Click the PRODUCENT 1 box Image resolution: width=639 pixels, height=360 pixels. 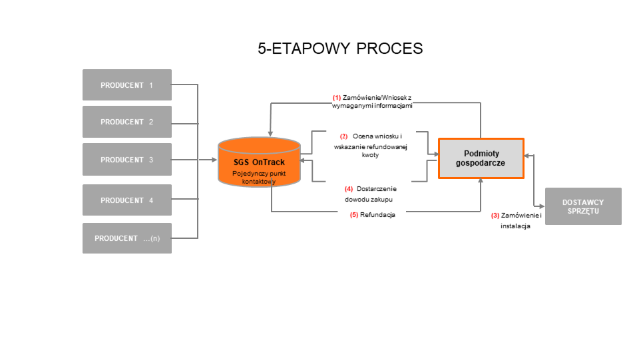pos(126,85)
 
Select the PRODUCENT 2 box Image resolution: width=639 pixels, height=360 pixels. pos(126,122)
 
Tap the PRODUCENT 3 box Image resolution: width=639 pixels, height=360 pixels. pos(126,160)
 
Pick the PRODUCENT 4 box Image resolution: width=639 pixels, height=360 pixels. pos(126,200)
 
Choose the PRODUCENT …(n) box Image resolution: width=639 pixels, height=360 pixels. pos(126,238)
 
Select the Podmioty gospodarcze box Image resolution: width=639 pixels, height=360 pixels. pos(481,158)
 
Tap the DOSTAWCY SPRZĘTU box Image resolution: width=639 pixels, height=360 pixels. pos(583,206)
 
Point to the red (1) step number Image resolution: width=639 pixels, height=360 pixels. pos(337,97)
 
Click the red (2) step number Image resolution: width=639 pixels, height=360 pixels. pos(343,136)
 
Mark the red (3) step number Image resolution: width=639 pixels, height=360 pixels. pos(495,216)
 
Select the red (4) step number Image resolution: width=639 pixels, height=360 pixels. pos(349,188)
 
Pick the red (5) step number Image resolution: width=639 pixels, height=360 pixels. pos(354,215)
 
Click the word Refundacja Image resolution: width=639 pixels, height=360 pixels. pos(378,215)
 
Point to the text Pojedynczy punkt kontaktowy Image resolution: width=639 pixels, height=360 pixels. pos(258,177)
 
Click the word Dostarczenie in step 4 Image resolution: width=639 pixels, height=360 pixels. pos(377,188)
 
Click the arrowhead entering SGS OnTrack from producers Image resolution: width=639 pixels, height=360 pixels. pos(214,160)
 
